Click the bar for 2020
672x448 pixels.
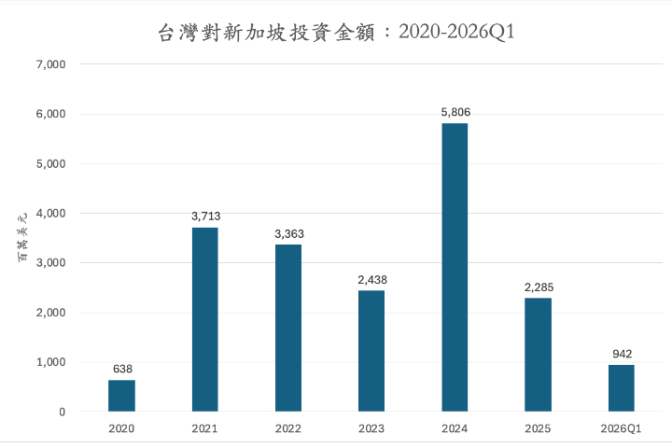[121, 396]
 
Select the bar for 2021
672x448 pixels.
[204, 319]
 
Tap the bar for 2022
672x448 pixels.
[288, 328]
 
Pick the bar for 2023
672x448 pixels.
[371, 351]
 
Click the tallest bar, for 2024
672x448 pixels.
[455, 267]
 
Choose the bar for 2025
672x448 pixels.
[538, 355]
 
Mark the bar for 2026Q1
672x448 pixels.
[622, 388]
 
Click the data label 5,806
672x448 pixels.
[455, 112]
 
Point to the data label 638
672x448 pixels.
[121, 369]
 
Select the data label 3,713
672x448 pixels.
[204, 217]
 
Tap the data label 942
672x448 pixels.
[622, 354]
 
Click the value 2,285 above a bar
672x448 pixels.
[538, 287]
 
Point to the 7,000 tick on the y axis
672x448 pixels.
[49, 64]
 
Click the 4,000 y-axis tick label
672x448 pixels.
[49, 214]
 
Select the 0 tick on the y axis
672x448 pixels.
[62, 412]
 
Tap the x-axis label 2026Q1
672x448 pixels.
[622, 428]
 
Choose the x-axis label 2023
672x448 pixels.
[371, 428]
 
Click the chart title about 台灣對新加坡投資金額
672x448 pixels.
[336, 33]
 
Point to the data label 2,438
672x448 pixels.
[371, 279]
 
